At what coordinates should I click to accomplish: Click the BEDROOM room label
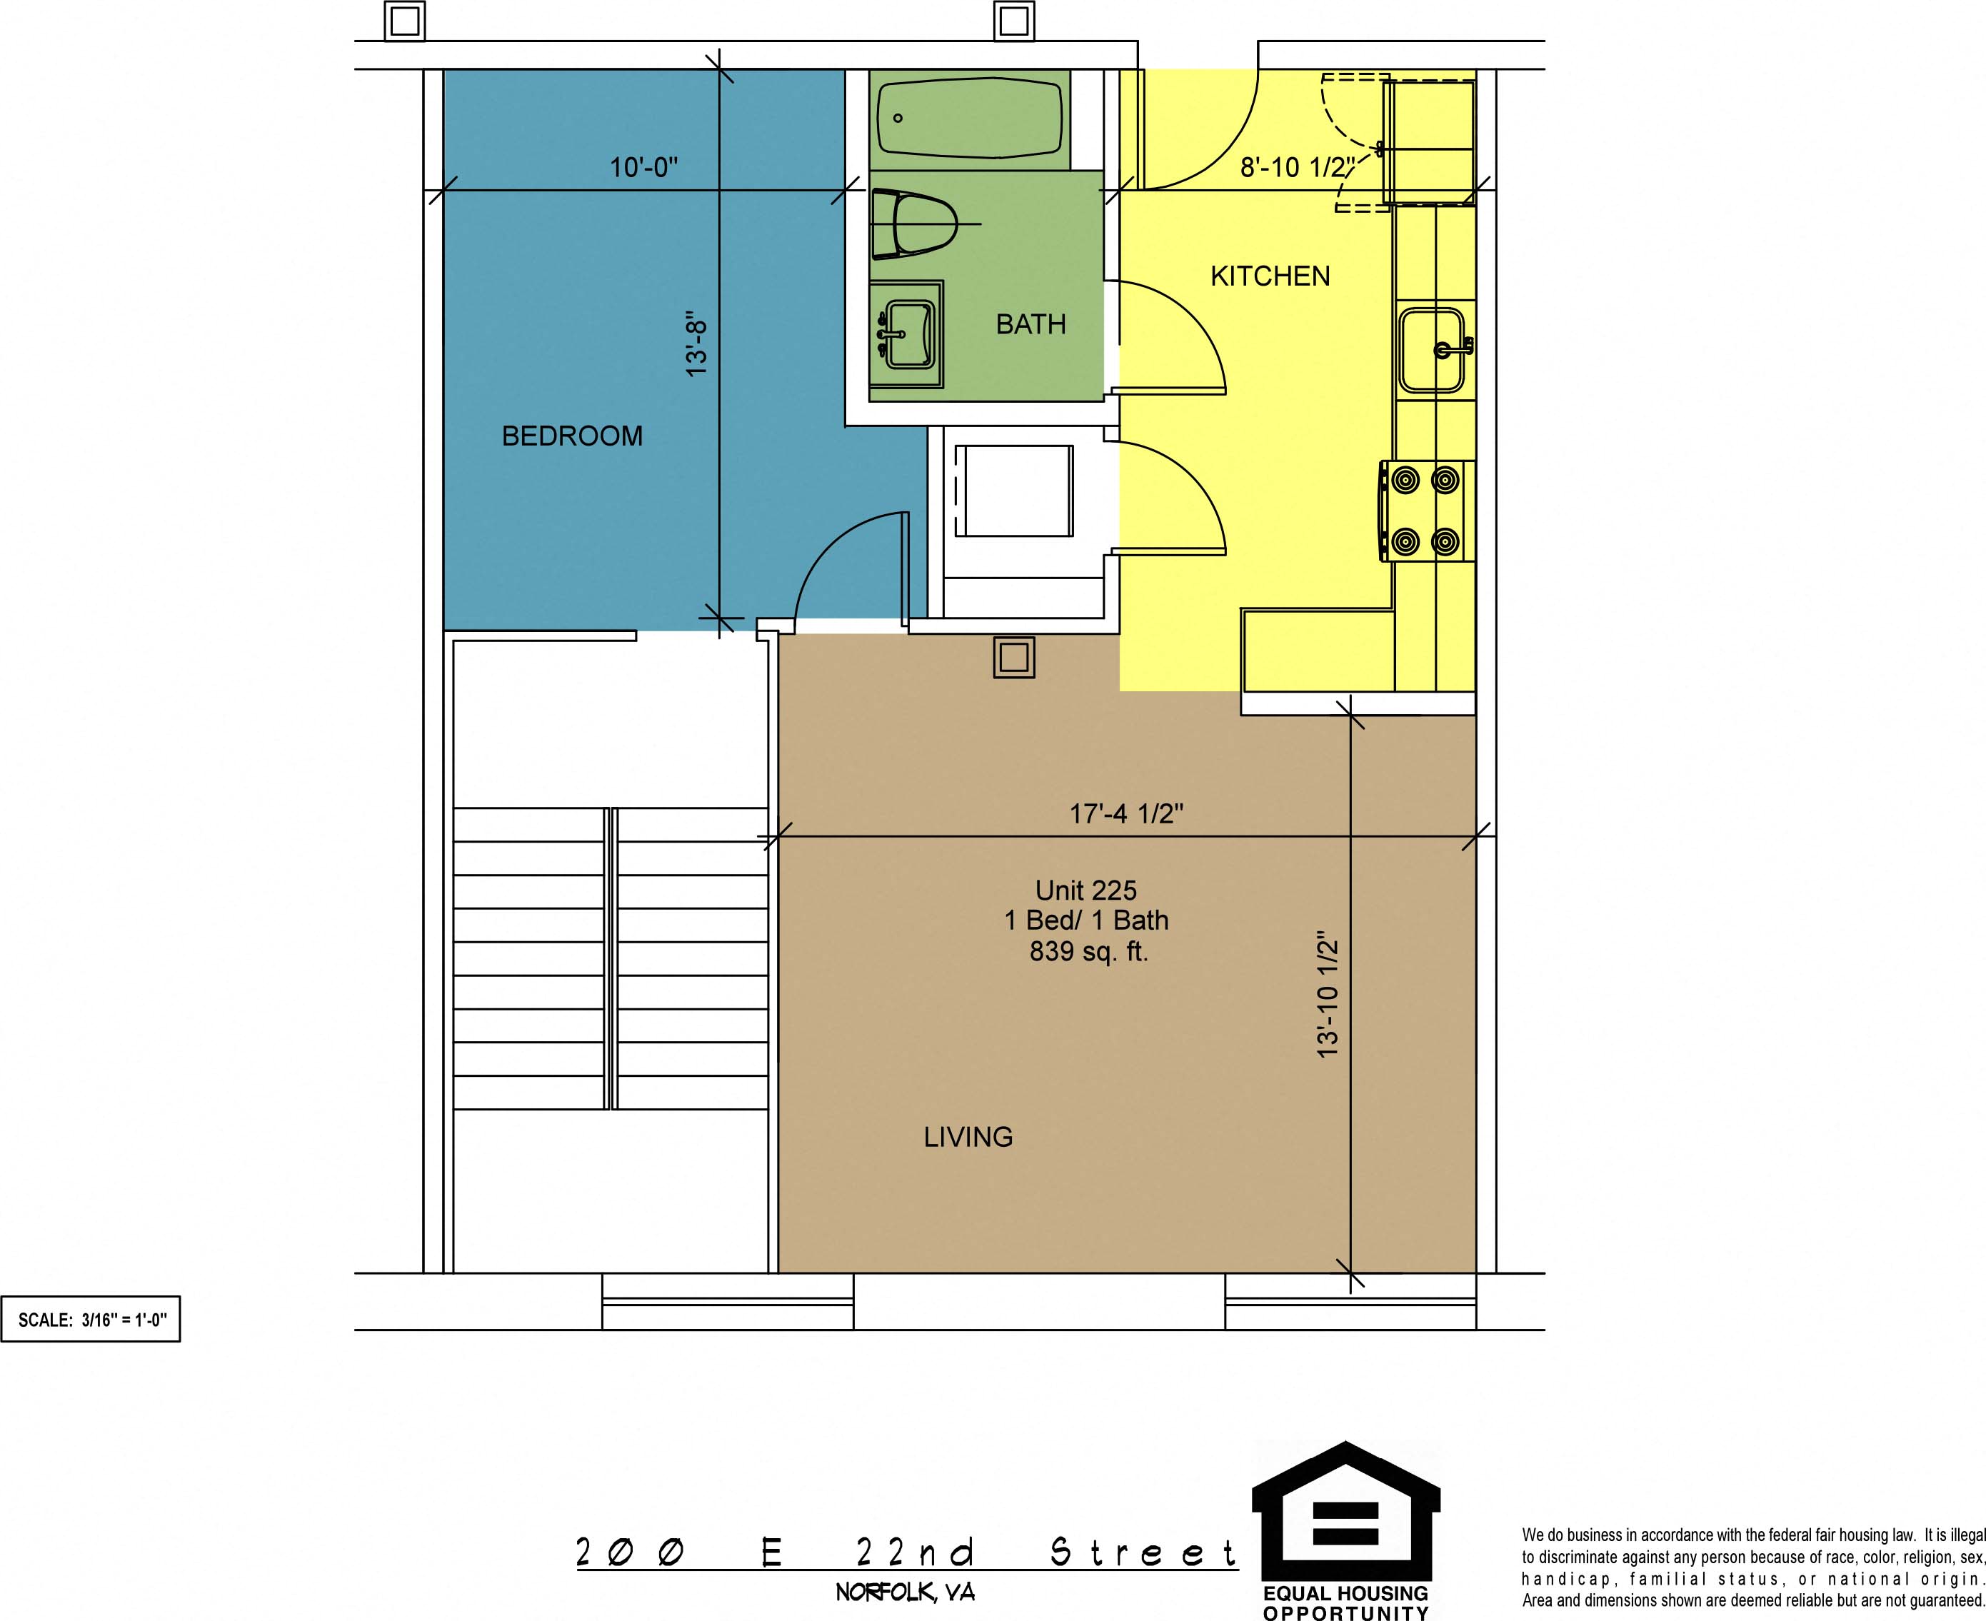(572, 436)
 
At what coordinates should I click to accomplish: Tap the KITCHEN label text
(1270, 276)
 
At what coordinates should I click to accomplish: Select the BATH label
(1030, 324)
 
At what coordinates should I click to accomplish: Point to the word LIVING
(968, 1136)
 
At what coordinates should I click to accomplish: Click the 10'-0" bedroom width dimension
(643, 168)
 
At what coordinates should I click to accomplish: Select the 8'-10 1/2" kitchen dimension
(1297, 167)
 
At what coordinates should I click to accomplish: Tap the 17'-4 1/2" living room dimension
(1126, 813)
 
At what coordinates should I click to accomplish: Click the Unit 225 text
(1086, 890)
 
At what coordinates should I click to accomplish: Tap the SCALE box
(91, 1320)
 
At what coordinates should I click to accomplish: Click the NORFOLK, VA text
(905, 1592)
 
